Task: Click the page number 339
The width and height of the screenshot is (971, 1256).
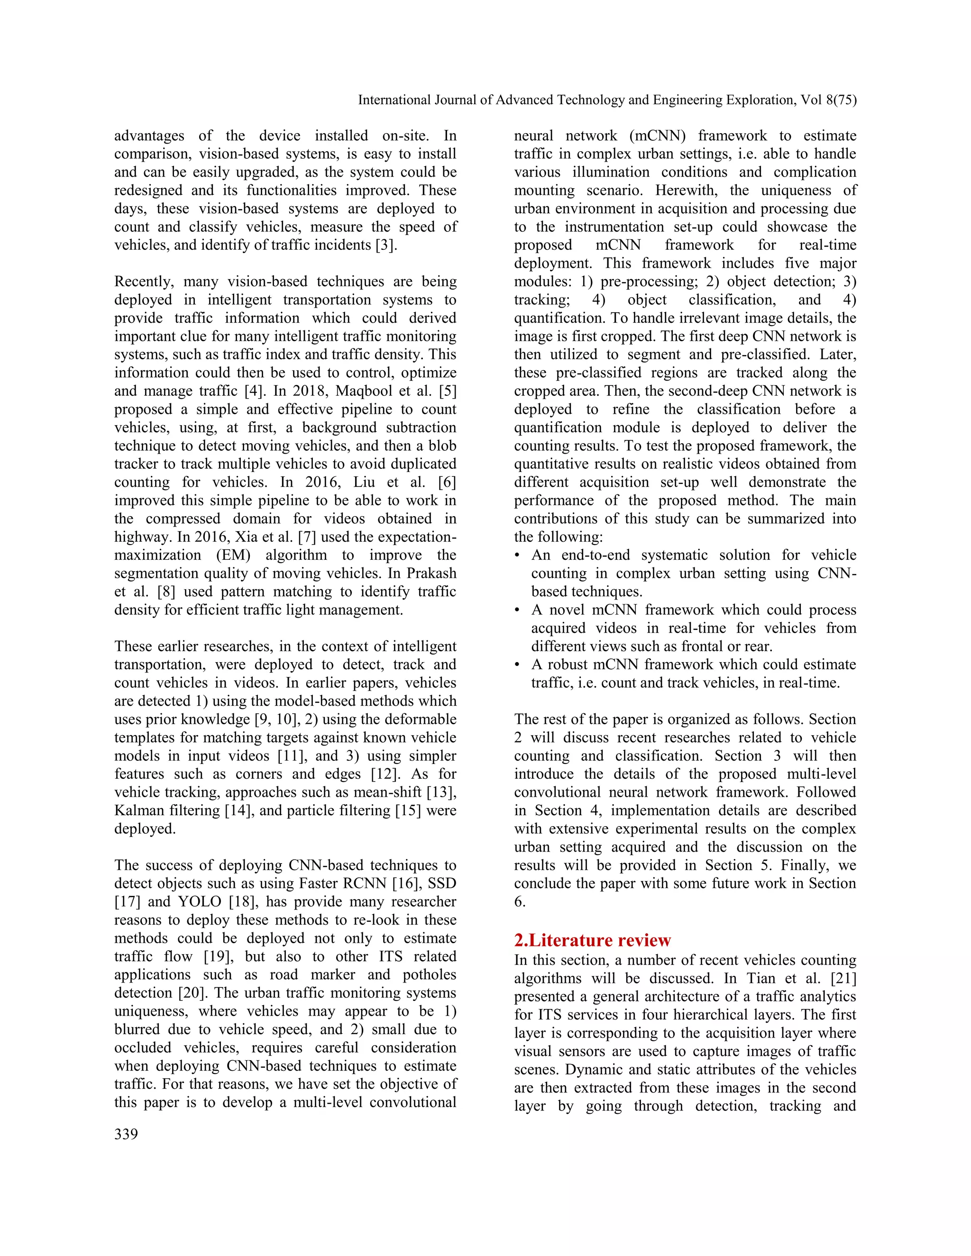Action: [126, 1134]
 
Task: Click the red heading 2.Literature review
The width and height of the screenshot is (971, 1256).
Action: [593, 940]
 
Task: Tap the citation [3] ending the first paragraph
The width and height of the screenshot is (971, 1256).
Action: [386, 245]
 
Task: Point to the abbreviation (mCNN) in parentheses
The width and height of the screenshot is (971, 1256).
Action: [658, 136]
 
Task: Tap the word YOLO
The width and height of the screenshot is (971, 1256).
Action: [200, 902]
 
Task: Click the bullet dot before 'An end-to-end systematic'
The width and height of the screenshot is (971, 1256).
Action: [518, 555]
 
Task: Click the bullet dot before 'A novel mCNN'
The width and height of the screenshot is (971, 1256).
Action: [518, 610]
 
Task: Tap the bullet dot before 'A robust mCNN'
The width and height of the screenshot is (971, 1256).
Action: [518, 665]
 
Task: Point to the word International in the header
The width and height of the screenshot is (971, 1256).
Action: [394, 100]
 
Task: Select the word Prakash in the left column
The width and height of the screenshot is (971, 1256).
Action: [431, 573]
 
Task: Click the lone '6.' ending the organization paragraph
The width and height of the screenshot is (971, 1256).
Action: [520, 902]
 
